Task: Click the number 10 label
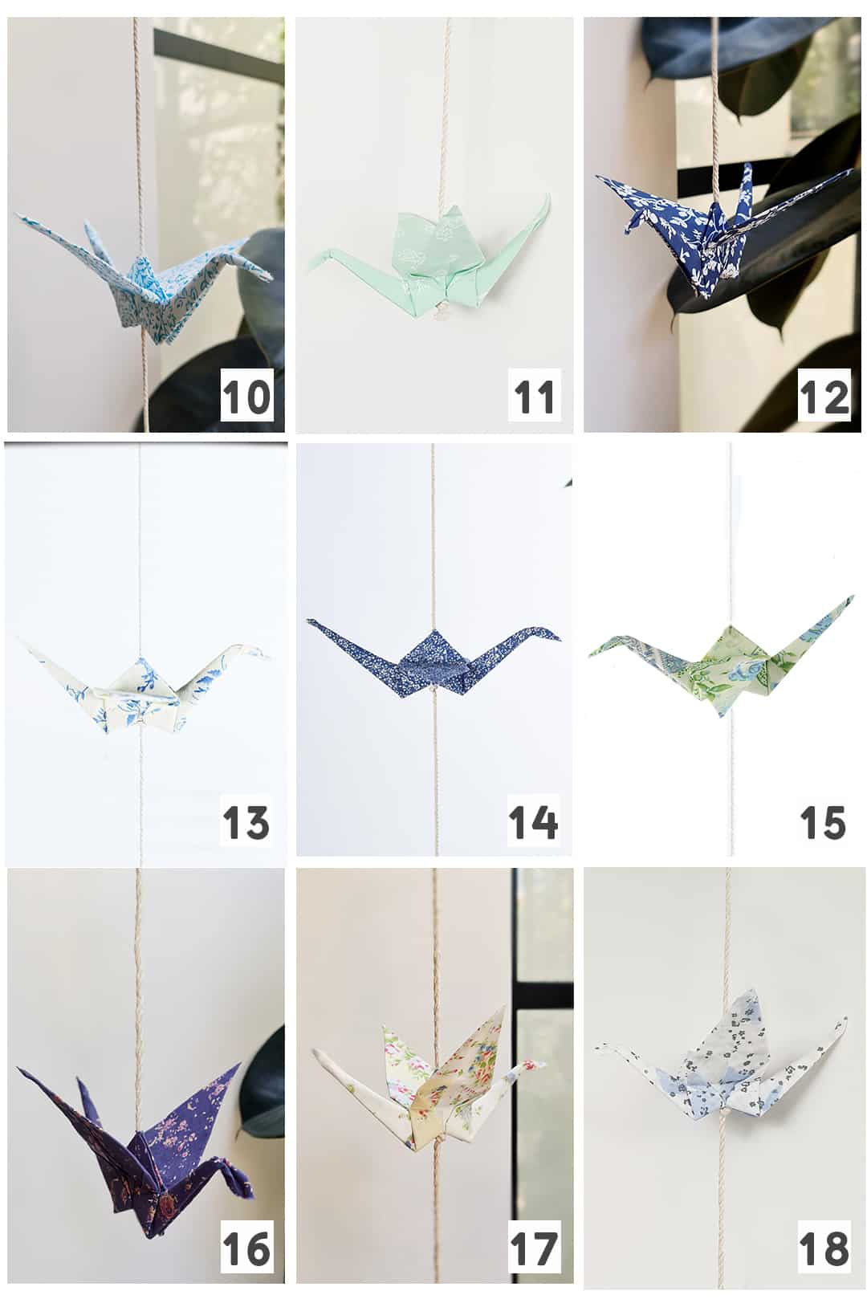(x=246, y=397)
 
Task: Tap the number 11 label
(x=534, y=397)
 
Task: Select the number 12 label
(x=824, y=397)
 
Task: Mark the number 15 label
(x=823, y=822)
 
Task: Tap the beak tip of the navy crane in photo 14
(x=560, y=639)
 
